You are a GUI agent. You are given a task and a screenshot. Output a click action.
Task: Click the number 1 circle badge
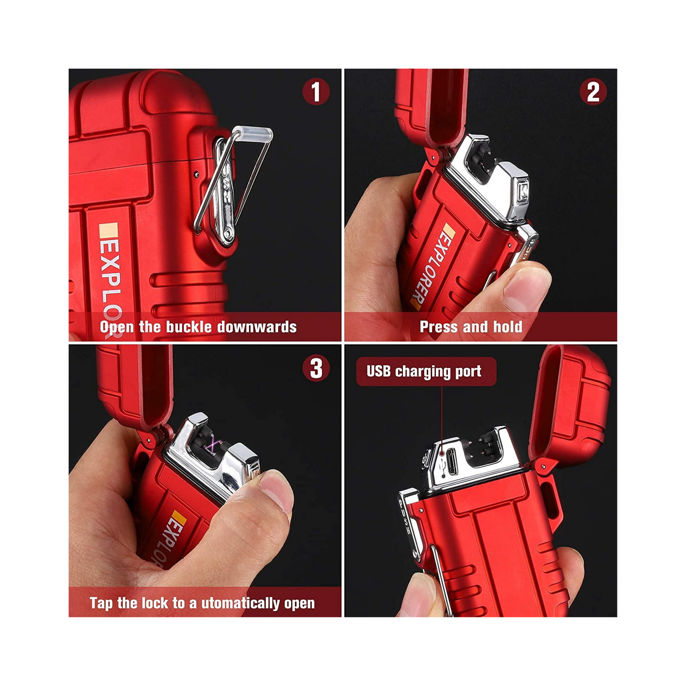coord(316,92)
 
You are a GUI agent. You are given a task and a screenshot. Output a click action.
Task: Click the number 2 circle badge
coord(593,92)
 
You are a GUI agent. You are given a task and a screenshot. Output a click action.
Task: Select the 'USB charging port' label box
coord(426,372)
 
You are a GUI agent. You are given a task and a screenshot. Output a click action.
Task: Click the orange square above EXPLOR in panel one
coord(108,230)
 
